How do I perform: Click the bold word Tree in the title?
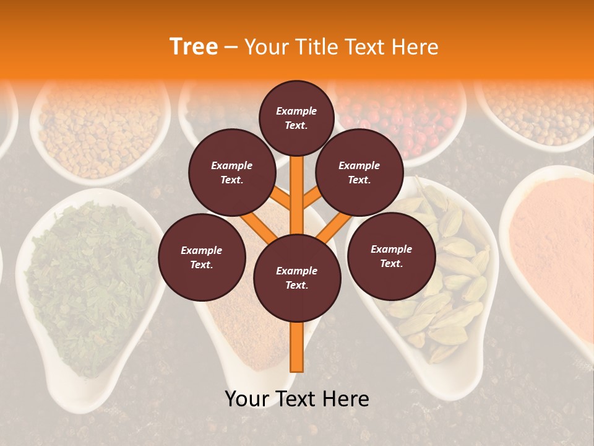coord(194,46)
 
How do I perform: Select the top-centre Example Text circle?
coord(296,118)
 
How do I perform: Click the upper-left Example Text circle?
coord(231,172)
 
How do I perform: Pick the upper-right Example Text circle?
coord(359,172)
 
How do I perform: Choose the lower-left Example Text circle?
coord(202,257)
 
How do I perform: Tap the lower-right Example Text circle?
coord(391,256)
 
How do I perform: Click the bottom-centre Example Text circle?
coord(297,278)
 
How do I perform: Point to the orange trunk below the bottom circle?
coord(297,347)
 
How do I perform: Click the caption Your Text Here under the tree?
coord(296,399)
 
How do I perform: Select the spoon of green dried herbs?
coord(87,285)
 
